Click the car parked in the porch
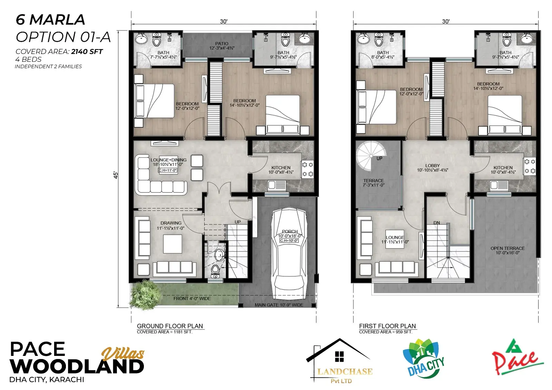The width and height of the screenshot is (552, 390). click(x=289, y=251)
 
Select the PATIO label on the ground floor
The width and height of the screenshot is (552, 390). click(x=221, y=43)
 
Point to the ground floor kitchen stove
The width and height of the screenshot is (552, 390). click(x=307, y=169)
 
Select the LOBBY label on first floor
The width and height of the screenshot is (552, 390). click(x=433, y=166)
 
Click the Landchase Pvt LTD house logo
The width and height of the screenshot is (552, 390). click(x=339, y=361)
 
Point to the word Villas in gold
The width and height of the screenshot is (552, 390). click(x=123, y=354)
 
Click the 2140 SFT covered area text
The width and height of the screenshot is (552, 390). click(x=87, y=51)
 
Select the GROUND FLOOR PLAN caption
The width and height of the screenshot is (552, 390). click(x=170, y=326)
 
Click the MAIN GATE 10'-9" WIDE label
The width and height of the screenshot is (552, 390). click(x=279, y=305)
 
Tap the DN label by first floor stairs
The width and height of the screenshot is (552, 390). click(x=437, y=223)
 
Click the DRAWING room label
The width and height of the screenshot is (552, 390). click(x=171, y=223)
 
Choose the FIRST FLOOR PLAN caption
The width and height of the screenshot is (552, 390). click(x=387, y=326)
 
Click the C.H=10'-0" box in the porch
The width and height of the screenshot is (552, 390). click(x=289, y=240)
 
